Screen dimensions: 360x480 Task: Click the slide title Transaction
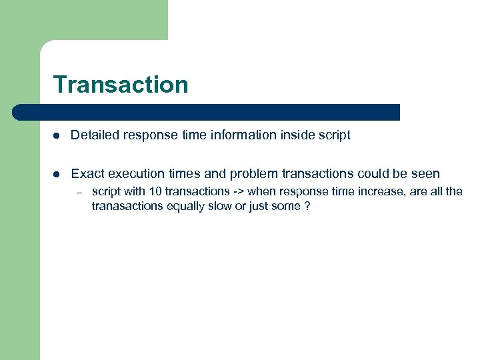click(121, 85)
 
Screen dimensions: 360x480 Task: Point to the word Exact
click(87, 174)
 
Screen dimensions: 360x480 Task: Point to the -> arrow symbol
click(238, 191)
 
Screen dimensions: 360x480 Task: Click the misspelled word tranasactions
click(126, 206)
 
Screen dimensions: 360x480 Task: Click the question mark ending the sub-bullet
click(307, 206)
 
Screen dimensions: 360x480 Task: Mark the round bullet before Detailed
click(57, 136)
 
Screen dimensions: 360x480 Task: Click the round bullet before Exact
click(57, 175)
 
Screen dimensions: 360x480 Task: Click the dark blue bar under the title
click(207, 112)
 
